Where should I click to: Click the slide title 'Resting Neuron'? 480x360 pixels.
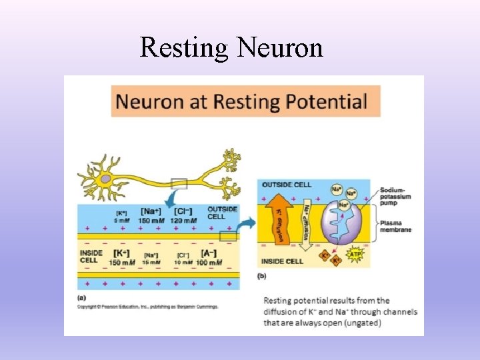[231, 47]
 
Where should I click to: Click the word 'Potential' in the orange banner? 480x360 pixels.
[328, 102]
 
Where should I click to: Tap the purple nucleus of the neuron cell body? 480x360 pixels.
[105, 179]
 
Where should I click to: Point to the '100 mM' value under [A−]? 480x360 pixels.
[208, 263]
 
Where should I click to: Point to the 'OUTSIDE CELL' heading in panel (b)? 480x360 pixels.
[287, 184]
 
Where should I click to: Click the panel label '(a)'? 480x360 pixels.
[81, 297]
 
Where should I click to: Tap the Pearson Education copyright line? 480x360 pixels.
[147, 306]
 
